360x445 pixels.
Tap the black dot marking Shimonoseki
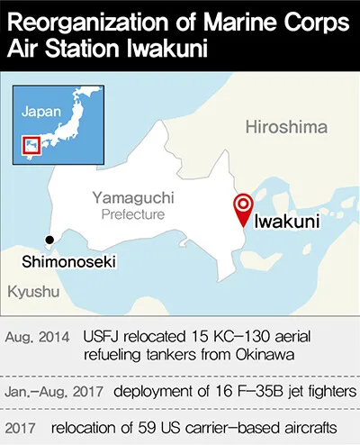(49, 240)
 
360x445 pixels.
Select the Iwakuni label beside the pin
(285, 222)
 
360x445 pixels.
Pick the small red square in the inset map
(32, 144)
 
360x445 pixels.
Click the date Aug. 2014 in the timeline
(38, 337)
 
